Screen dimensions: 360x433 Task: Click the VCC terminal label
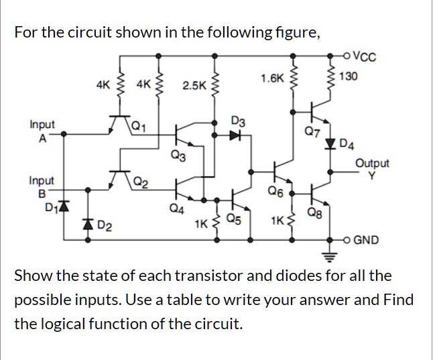click(x=363, y=56)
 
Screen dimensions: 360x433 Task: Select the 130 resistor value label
click(x=349, y=76)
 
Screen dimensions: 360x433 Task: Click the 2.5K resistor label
click(x=194, y=86)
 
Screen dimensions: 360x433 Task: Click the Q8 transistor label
click(x=313, y=214)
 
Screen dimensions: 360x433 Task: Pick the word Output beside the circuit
click(x=371, y=163)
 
